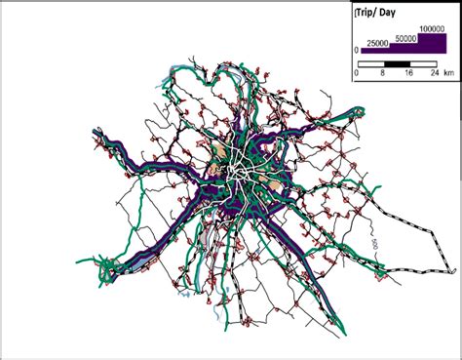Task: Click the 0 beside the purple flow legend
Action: coord(356,49)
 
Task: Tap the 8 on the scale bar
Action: coord(382,72)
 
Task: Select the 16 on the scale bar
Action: coord(409,72)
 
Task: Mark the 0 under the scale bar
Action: coord(357,72)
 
